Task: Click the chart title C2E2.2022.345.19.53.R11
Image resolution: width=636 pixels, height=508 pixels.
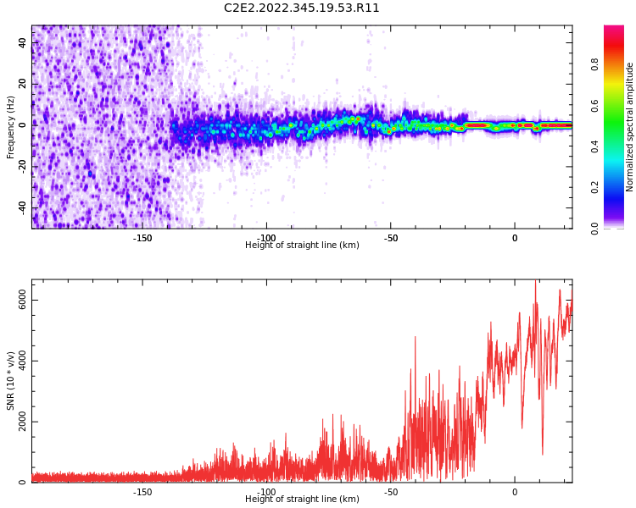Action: click(x=301, y=8)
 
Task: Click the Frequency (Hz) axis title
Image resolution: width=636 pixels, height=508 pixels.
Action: click(x=11, y=127)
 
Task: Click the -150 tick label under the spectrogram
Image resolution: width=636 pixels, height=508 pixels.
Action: click(x=142, y=238)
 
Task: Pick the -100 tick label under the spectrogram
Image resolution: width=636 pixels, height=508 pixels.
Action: click(x=266, y=238)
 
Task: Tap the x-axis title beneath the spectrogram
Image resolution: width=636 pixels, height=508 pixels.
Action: click(x=302, y=246)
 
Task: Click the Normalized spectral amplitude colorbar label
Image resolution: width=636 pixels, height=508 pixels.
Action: click(x=630, y=127)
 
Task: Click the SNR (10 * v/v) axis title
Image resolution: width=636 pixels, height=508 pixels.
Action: click(x=11, y=381)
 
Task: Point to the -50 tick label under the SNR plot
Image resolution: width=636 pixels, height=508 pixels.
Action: click(x=390, y=492)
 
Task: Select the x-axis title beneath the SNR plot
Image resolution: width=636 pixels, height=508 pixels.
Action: click(x=302, y=500)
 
